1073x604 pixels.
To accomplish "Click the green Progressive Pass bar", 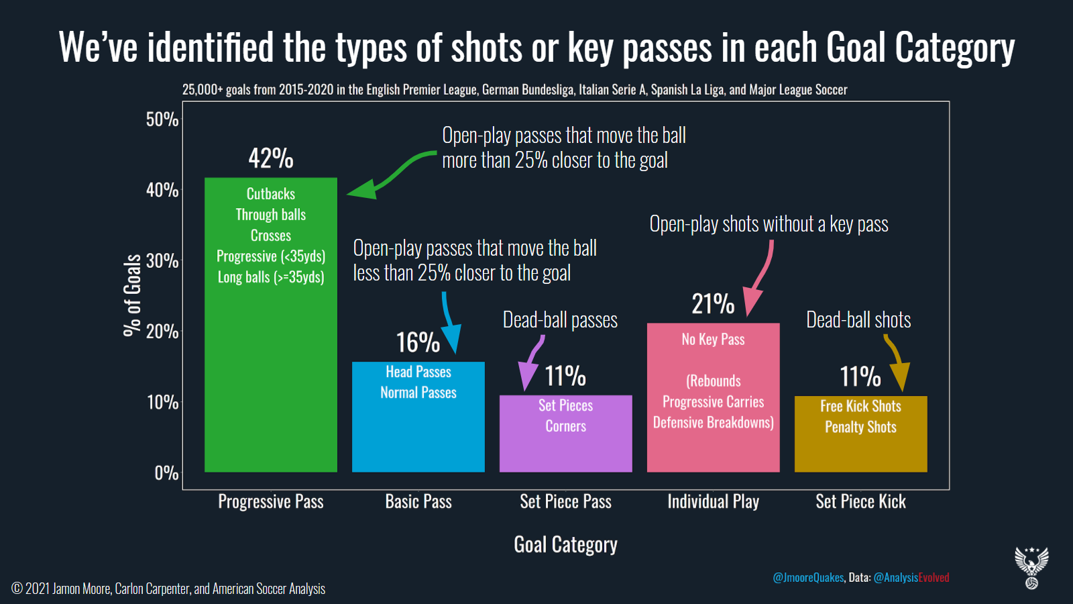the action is point(271,325).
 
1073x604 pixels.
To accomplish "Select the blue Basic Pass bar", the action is point(418,417).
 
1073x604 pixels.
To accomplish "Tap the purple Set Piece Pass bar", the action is point(566,434).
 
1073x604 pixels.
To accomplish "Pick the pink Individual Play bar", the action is point(714,397).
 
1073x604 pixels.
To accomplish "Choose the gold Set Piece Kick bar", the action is point(861,434).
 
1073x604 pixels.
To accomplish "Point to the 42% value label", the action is point(271,158).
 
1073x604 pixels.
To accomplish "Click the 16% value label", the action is point(418,342).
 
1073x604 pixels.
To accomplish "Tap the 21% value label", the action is point(713,303).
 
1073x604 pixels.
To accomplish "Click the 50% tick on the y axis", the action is point(162,119).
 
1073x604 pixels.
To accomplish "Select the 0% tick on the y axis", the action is point(166,473).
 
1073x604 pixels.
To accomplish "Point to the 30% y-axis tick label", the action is point(162,261).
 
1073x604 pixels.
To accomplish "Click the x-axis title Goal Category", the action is point(566,545).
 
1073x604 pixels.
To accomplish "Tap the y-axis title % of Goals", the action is point(132,295).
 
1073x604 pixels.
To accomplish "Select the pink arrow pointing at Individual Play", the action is point(758,278).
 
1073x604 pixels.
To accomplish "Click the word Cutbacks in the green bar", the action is point(271,194).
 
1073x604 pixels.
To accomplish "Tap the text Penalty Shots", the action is point(860,427).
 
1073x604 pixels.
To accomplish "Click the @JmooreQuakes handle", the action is point(808,578).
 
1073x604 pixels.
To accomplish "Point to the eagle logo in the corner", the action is point(1032,568).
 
